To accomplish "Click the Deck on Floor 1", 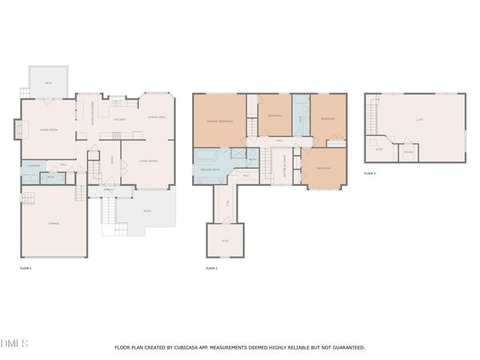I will [x=48, y=82].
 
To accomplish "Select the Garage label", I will [x=54, y=223].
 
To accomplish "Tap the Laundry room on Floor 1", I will [x=33, y=165].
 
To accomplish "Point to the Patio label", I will [x=147, y=211].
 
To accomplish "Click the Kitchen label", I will [x=119, y=119].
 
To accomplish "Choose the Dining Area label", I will [x=156, y=117].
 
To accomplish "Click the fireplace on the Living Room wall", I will [x=17, y=130].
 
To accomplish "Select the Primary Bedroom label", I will [x=219, y=121].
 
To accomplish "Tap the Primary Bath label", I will [x=210, y=171].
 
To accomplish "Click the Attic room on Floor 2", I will [x=225, y=240].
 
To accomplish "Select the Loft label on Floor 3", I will [x=419, y=119].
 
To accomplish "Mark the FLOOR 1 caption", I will [x=25, y=268].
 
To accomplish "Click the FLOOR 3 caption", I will [x=370, y=173].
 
